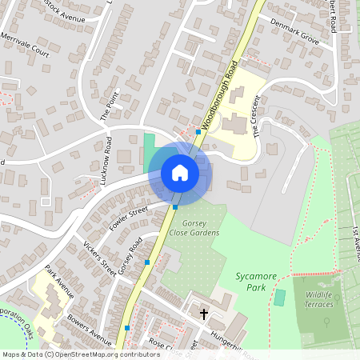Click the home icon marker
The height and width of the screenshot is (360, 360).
click(x=179, y=172)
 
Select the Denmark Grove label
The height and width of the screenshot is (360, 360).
click(x=294, y=34)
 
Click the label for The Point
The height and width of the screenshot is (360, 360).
click(x=108, y=106)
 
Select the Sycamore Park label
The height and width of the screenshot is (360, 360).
click(x=256, y=281)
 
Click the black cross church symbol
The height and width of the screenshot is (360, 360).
click(x=203, y=314)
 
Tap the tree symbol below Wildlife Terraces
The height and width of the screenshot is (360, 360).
click(x=326, y=322)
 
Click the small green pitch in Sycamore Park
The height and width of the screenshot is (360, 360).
click(x=279, y=298)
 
